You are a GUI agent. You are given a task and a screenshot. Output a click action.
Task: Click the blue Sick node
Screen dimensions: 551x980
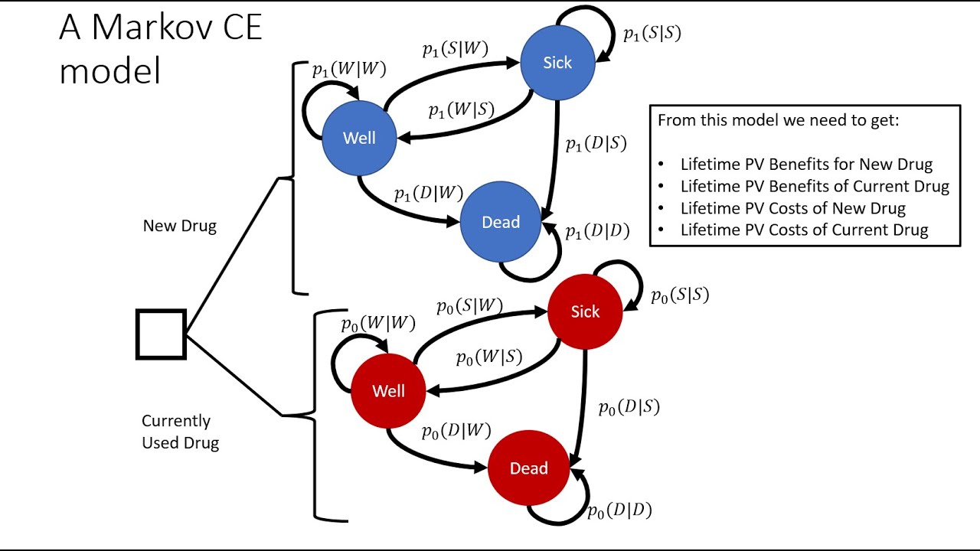(x=557, y=63)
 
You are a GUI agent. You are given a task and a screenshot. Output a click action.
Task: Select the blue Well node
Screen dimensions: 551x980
(x=359, y=138)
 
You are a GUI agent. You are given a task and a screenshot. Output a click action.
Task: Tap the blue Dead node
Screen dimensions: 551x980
(x=501, y=222)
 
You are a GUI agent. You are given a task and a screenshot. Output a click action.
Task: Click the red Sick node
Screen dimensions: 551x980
(x=585, y=311)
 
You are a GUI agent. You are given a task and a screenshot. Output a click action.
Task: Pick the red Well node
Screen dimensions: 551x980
(x=388, y=391)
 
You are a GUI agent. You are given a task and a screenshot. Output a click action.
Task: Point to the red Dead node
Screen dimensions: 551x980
(x=528, y=468)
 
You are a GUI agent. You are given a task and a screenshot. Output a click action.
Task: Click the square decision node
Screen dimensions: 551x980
(x=161, y=334)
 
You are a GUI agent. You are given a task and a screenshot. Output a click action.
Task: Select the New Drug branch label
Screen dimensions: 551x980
(x=179, y=226)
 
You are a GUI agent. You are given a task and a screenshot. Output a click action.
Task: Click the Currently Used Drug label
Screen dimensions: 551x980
(x=180, y=432)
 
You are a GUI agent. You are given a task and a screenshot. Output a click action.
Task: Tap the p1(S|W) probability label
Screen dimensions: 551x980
(x=455, y=50)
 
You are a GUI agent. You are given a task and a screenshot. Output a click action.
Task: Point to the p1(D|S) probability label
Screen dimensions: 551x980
(x=596, y=143)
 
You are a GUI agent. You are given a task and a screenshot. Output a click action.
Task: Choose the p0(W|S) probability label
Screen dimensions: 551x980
(x=488, y=357)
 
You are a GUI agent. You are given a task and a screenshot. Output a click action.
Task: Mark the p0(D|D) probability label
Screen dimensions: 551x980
(x=619, y=510)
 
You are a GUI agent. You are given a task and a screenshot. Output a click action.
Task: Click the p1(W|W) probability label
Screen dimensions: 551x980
(x=348, y=69)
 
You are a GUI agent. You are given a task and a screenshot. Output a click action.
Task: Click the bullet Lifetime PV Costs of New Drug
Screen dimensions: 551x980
(x=792, y=208)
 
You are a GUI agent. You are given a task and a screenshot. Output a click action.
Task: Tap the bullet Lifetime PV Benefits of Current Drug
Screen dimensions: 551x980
(x=814, y=186)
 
